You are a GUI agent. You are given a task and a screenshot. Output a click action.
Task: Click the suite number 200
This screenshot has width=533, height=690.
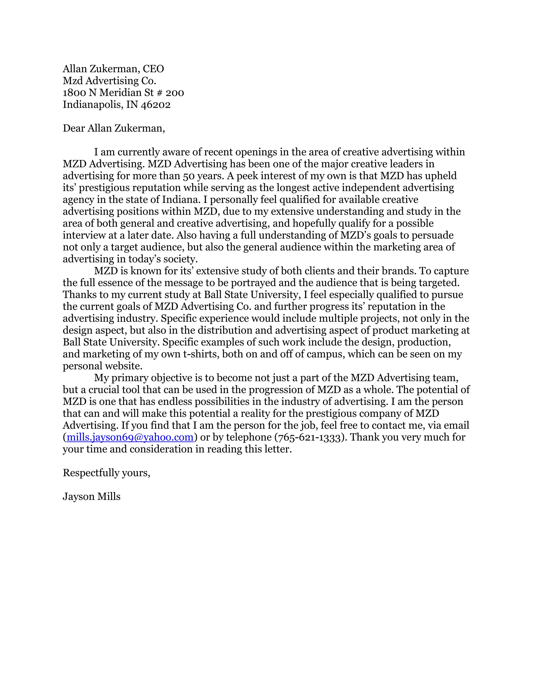click(175, 93)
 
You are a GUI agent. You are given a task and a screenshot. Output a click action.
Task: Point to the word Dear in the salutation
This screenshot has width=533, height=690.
click(74, 128)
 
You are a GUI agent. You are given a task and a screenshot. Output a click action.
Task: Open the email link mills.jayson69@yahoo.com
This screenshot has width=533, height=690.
click(130, 437)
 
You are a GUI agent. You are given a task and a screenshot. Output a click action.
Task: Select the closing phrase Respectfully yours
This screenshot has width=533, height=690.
click(106, 473)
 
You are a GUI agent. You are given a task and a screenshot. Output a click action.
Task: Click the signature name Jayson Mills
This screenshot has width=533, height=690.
click(92, 497)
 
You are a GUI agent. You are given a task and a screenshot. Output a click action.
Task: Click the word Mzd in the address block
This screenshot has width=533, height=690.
click(73, 81)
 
